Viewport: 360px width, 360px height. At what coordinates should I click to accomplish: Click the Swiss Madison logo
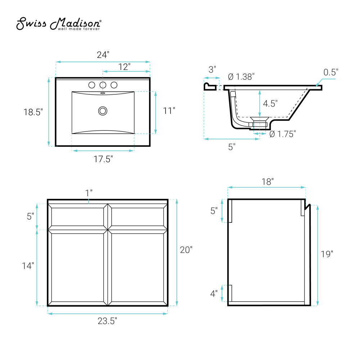[59, 24]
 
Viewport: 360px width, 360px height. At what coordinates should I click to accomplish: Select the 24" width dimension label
[103, 55]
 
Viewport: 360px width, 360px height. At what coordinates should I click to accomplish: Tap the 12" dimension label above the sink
[125, 67]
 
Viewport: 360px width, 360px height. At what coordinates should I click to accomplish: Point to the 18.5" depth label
[33, 112]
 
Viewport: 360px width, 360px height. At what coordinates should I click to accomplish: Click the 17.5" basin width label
[103, 159]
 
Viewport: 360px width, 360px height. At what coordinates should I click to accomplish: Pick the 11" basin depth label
[169, 111]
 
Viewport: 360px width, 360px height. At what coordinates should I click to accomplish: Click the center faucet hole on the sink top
[103, 85]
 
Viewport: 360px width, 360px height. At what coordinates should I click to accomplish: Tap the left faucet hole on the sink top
[92, 85]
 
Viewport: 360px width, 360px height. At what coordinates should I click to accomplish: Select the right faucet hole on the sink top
[114, 85]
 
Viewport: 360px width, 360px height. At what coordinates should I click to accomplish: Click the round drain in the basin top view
[103, 111]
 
